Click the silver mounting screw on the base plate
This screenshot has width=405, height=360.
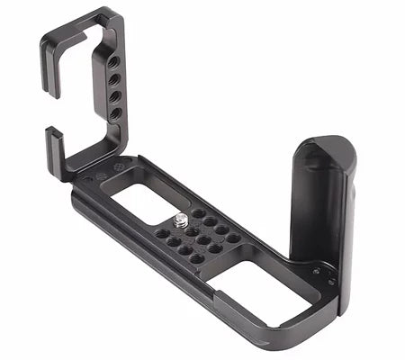pos(183,217)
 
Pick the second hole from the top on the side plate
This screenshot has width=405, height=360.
pos(115,82)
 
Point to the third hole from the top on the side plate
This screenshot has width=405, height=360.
pos(115,97)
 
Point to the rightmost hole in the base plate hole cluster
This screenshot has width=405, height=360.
pos(234,238)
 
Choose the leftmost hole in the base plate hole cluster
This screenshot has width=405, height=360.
pos(161,233)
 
